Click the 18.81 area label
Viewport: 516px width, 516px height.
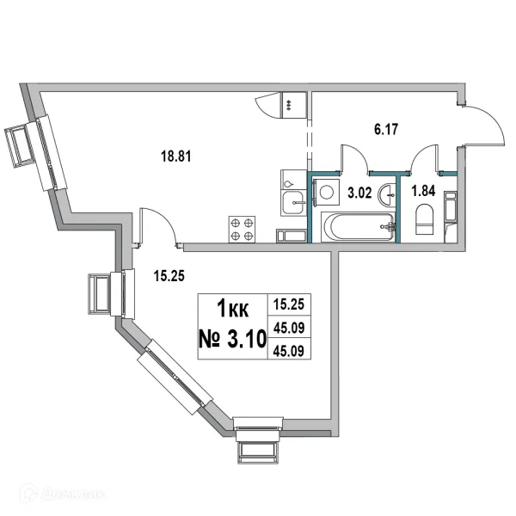[x=175, y=157]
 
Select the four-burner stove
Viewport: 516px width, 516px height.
[x=242, y=228]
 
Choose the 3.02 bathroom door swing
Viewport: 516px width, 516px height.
[x=356, y=156]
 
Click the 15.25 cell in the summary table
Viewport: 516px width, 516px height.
[x=290, y=304]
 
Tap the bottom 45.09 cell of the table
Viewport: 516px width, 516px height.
[x=290, y=348]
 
